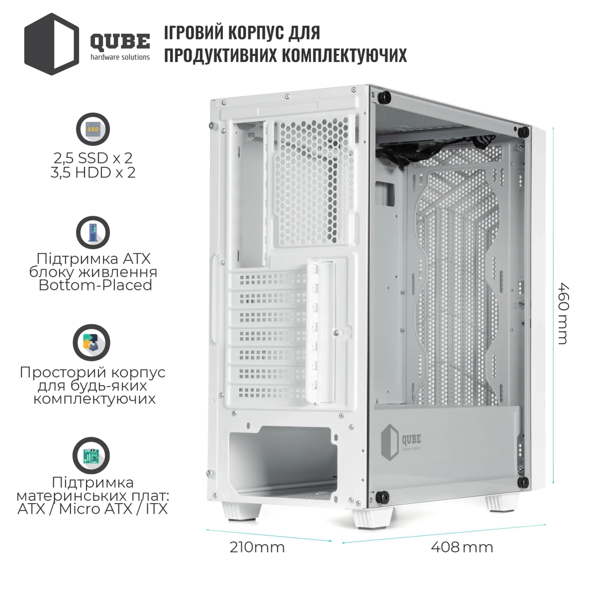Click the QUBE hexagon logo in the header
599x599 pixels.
click(51, 44)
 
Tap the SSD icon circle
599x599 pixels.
click(93, 129)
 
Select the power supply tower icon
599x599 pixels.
click(93, 232)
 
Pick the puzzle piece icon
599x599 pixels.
click(92, 342)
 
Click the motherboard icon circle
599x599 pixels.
click(91, 455)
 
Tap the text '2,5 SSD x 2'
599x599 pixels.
click(93, 158)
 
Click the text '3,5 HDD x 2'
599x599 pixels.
click(93, 172)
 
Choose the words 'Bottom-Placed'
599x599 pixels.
click(95, 285)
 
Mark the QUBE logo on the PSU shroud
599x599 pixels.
click(400, 442)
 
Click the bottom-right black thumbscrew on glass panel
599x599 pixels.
click(523, 483)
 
